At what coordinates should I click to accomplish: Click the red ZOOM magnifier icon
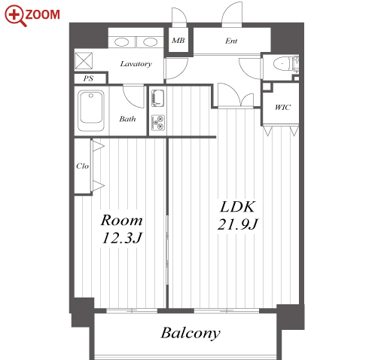16,16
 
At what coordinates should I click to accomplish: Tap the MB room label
178,40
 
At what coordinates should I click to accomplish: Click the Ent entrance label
231,41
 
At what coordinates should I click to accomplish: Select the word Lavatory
136,64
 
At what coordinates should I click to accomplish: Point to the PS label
88,78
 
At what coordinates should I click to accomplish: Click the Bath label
127,118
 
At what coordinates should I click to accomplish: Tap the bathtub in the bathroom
91,111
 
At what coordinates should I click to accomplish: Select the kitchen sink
157,98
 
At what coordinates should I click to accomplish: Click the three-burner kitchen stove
158,123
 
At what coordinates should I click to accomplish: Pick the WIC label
282,108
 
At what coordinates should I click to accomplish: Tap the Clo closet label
82,166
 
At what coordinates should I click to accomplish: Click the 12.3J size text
122,237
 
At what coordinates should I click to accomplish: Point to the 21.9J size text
237,224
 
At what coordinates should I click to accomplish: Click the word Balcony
191,333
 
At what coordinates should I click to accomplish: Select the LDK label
238,206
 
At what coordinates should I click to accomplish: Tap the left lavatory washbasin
121,42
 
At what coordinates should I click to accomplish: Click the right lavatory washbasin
150,42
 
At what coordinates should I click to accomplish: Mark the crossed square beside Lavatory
84,60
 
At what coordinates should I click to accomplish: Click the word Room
122,220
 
